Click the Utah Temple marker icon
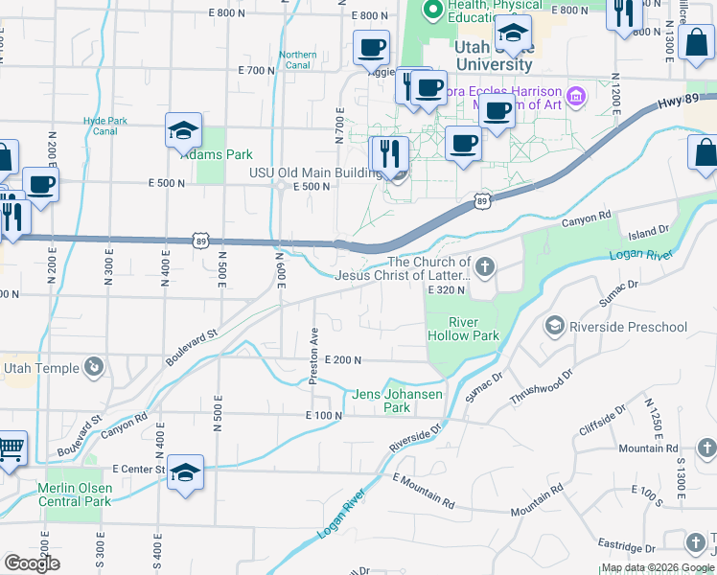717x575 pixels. (x=94, y=366)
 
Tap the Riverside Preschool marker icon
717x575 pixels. (x=553, y=327)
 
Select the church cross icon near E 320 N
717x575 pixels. (x=485, y=266)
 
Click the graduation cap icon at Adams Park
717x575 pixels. (x=183, y=132)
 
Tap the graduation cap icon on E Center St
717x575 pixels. (x=186, y=472)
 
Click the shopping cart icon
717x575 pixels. (x=10, y=448)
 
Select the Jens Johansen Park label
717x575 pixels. (x=398, y=401)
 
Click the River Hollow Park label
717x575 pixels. (x=463, y=329)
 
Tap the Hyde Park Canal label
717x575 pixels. (x=105, y=126)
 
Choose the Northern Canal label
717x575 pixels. (x=298, y=59)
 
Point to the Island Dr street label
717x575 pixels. (x=649, y=232)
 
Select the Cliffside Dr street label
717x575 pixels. (x=603, y=422)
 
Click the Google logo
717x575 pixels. (x=33, y=563)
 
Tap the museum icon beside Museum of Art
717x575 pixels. (x=575, y=96)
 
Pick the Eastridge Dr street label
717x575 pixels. (x=627, y=548)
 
